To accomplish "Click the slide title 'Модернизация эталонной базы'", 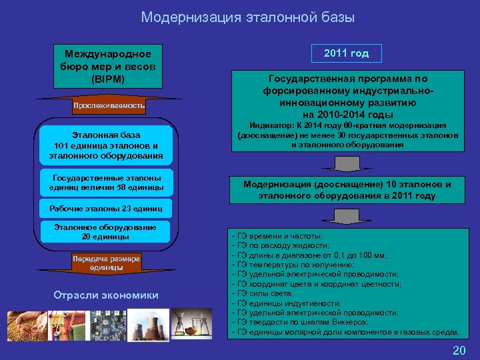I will tap(247, 18).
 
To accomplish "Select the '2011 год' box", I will tap(347, 53).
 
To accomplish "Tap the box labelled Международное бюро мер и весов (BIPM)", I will tap(107, 66).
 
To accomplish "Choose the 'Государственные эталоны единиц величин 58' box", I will tap(107, 183).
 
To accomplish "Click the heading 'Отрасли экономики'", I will tap(106, 295).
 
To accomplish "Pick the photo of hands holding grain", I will tap(27, 325).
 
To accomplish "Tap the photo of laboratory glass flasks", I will tap(192, 325).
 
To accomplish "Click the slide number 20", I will tap(459, 351).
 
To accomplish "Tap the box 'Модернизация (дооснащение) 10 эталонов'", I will tap(347, 190).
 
